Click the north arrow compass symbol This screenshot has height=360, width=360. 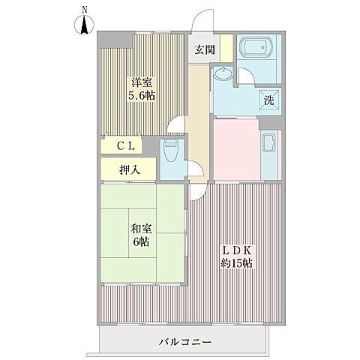click(85, 26)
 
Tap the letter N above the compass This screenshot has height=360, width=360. click(85, 9)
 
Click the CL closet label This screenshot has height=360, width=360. click(126, 146)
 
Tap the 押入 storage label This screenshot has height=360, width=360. click(129, 170)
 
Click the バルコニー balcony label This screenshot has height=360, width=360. click(184, 342)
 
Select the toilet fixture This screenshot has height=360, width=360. click(171, 154)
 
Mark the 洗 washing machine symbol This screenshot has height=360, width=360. click(268, 100)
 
